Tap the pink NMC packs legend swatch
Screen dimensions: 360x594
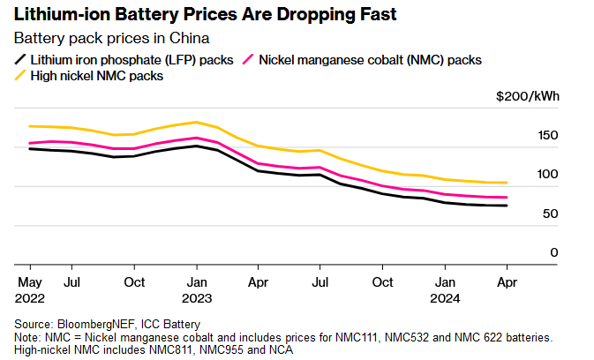point(250,60)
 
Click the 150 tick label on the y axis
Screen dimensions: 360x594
point(548,135)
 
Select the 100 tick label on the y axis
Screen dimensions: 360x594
point(548,174)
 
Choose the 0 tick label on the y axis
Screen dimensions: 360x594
point(554,252)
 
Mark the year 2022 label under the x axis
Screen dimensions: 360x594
point(30,297)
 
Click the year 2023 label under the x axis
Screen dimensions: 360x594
point(196,297)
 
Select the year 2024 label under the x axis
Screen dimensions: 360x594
point(444,297)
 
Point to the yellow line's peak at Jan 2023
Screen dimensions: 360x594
point(196,122)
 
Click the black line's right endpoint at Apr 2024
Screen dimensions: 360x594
point(507,206)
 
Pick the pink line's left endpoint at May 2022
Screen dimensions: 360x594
point(30,143)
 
